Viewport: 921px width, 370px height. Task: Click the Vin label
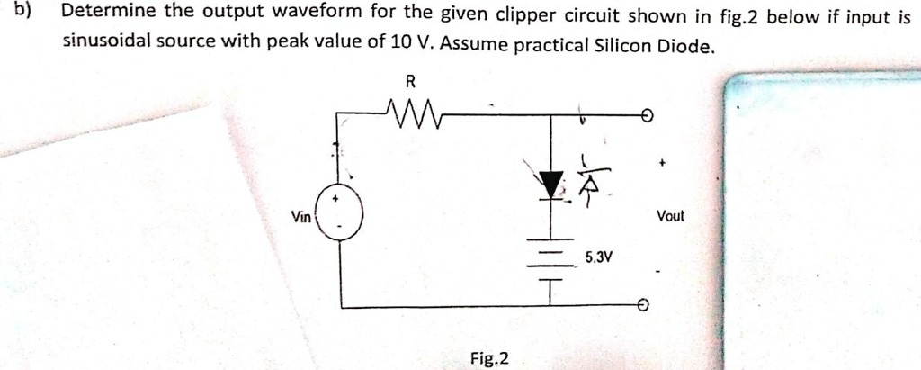pos(301,216)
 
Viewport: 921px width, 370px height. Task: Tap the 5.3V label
pos(598,257)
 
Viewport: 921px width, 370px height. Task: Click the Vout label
pos(670,216)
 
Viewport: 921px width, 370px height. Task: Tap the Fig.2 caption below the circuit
pos(489,358)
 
